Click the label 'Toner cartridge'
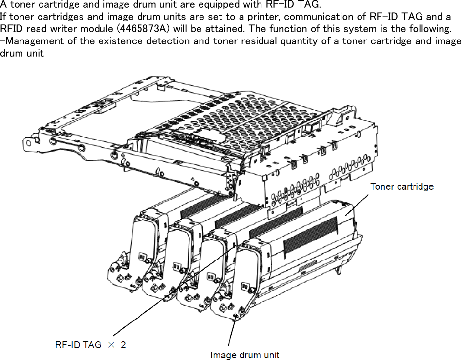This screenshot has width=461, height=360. coord(401,186)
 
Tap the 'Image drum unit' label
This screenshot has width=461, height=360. coord(244,355)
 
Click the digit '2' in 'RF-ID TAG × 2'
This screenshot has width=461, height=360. coord(123,345)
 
